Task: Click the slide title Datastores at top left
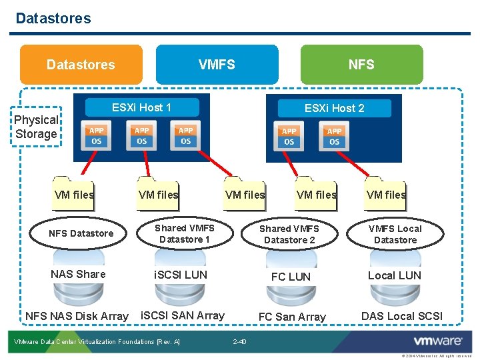(53, 18)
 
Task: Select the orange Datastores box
(81, 65)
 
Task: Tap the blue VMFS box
(217, 65)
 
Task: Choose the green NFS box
(361, 65)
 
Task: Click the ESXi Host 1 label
(141, 107)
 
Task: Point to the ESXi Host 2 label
(334, 108)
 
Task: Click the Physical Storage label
(36, 127)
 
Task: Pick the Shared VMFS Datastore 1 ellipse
(185, 234)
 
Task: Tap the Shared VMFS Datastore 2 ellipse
(289, 234)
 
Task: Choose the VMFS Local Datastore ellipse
(395, 234)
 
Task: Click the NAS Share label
(78, 274)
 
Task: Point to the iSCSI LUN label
(181, 275)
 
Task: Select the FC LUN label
(291, 276)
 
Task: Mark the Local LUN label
(395, 275)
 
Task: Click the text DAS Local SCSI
(401, 316)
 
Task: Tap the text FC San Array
(292, 317)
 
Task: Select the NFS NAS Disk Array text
(77, 316)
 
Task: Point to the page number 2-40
(239, 342)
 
